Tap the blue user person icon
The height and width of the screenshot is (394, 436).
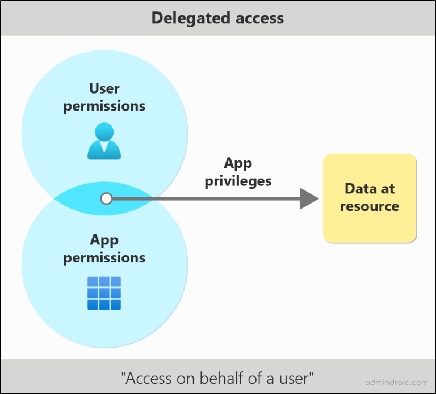[104, 141]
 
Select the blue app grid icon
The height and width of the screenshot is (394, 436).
[104, 293]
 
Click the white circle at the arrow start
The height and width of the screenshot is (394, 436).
[106, 198]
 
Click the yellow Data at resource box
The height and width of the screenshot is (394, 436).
[370, 198]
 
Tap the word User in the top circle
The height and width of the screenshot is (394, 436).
[104, 88]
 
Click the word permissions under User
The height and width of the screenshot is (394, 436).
[104, 106]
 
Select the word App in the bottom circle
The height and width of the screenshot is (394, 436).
[104, 240]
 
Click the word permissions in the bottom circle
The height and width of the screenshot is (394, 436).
[104, 257]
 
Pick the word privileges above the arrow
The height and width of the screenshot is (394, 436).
[238, 181]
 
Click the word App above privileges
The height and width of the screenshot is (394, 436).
[238, 163]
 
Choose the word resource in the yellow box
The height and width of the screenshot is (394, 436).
[370, 206]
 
